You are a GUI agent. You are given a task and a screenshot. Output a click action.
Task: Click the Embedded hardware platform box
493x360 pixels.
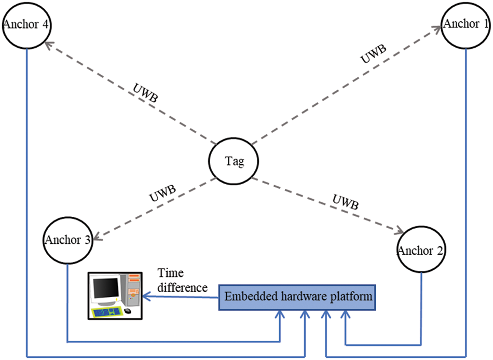[297, 297]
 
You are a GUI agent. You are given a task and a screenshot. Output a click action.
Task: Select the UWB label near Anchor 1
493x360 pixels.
[373, 54]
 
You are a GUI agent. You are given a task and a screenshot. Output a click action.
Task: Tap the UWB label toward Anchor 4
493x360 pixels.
[145, 93]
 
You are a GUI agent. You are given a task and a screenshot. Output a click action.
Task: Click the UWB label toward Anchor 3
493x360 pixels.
[162, 193]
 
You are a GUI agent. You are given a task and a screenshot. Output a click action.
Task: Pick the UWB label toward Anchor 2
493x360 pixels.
[346, 202]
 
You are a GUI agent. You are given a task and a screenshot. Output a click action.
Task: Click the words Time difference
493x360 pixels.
[182, 280]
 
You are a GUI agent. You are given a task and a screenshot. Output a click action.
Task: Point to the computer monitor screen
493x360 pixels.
[106, 289]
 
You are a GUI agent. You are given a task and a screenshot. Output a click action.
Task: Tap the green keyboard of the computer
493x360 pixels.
[106, 312]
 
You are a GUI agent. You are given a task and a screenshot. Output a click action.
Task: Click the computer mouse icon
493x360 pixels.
[128, 311]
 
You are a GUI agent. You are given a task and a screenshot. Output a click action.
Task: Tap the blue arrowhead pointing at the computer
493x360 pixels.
[146, 296]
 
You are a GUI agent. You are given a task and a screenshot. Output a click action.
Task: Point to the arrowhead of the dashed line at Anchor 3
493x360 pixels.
[97, 237]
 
